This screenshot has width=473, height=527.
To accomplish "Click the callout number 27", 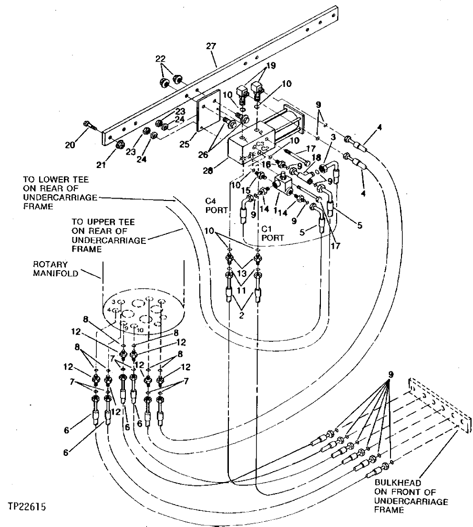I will (x=211, y=46).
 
